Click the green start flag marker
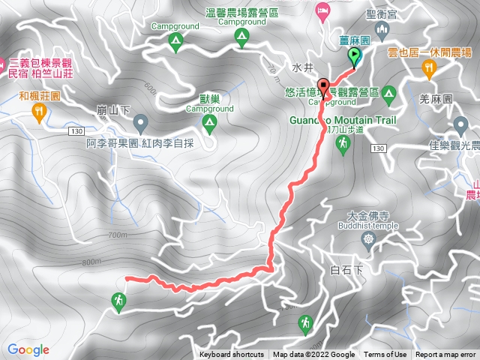click(x=354, y=55)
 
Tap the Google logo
click(x=28, y=349)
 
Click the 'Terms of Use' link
click(x=385, y=355)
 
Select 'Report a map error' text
click(x=446, y=355)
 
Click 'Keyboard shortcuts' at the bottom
click(x=232, y=355)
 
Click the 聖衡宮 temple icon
click(x=382, y=32)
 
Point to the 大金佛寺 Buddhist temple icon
click(x=367, y=241)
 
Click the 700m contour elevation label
click(x=118, y=235)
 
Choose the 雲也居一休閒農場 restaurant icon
click(x=429, y=69)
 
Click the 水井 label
click(x=302, y=67)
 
